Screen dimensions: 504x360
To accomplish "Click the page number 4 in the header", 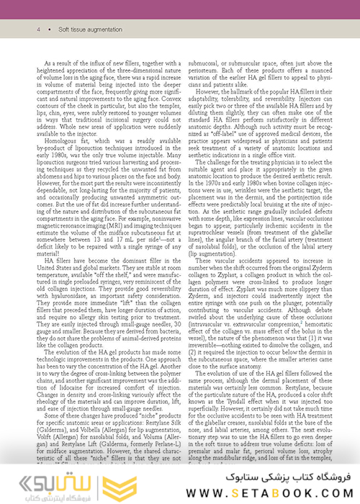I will [37, 30].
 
